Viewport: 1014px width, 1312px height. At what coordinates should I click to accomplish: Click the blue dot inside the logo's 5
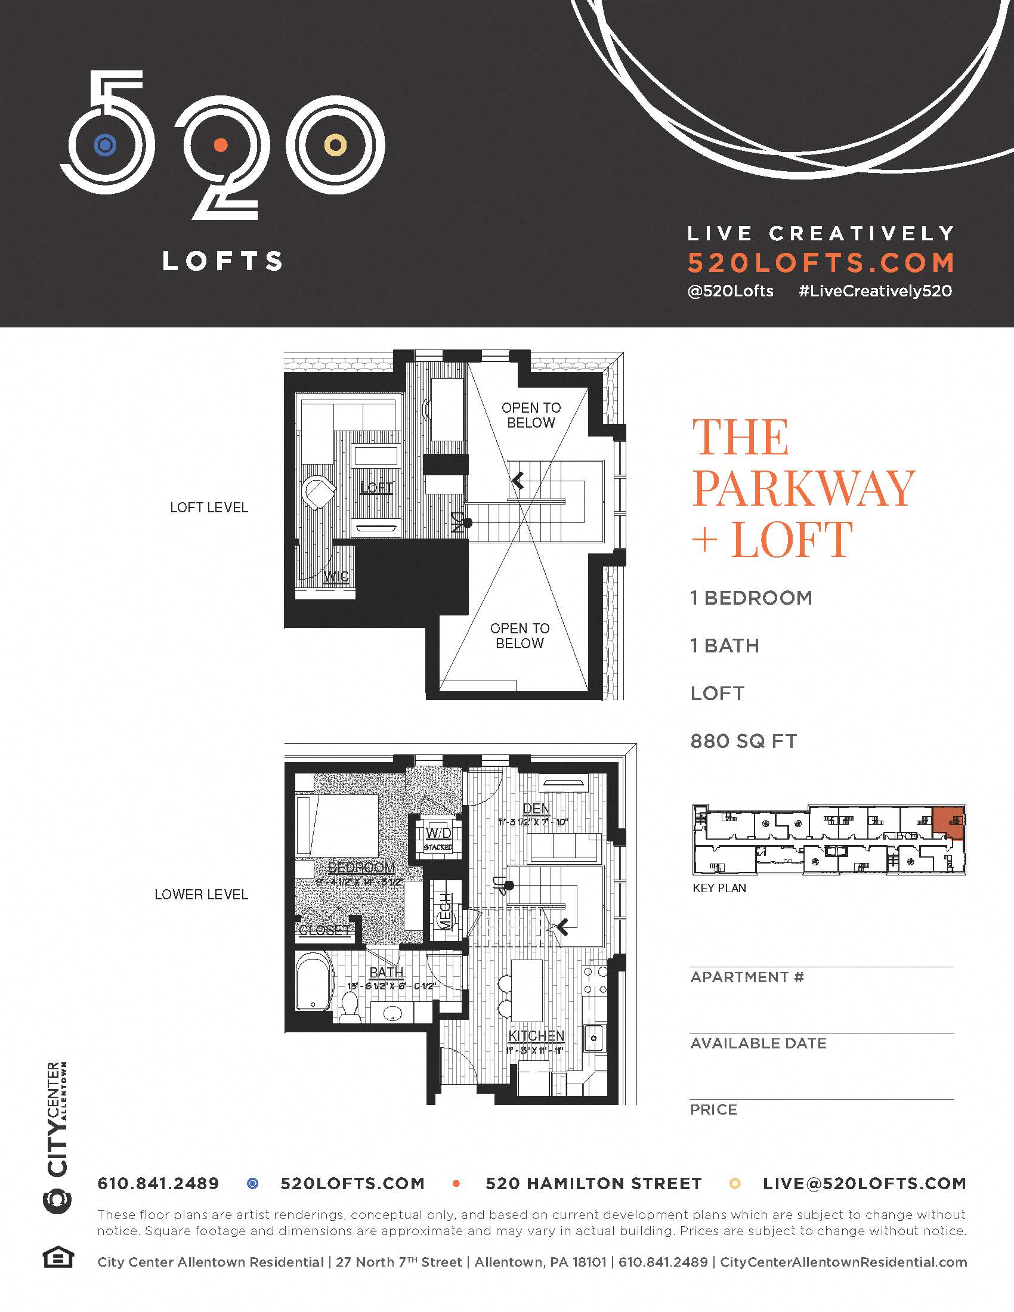[x=105, y=145]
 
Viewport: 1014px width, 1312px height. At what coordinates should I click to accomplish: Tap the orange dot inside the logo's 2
[x=221, y=145]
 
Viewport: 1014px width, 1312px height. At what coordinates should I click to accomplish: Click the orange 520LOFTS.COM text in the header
[x=821, y=262]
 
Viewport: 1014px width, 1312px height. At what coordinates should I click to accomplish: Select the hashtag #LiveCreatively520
[x=875, y=292]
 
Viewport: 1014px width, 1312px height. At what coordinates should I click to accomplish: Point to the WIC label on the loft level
[x=336, y=578]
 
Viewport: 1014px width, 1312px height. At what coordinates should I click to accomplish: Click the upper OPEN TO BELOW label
[x=531, y=415]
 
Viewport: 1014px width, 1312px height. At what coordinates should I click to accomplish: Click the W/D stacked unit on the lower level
[x=438, y=837]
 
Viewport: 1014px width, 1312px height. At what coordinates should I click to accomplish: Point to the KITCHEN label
[x=536, y=1036]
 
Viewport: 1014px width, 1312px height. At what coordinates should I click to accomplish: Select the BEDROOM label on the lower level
[x=361, y=868]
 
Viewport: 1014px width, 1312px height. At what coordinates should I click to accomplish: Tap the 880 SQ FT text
[x=744, y=741]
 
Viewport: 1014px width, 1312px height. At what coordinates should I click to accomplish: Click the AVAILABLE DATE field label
[x=758, y=1044]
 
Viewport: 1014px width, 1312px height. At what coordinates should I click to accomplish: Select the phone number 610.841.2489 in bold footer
[x=158, y=1183]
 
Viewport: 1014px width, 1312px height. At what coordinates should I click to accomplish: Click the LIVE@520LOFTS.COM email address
[x=864, y=1183]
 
